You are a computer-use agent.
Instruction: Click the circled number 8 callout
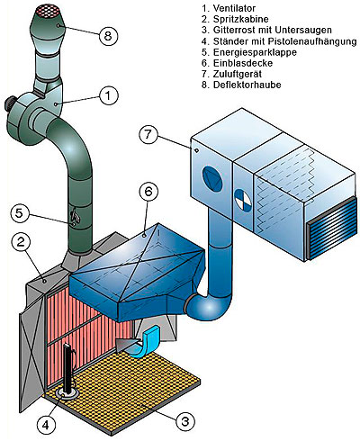coord(108,36)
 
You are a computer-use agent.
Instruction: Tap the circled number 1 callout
coord(109,95)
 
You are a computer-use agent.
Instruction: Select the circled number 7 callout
coord(148,134)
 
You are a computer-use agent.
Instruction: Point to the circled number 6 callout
coord(148,192)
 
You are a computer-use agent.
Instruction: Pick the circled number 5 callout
coord(19,213)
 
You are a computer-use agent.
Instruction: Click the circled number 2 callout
coord(21,242)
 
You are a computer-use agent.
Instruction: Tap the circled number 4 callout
coord(46,425)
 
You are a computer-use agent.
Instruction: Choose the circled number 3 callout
coord(185,421)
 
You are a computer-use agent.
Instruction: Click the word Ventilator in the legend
coord(235,8)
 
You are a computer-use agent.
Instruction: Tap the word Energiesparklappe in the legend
coord(255,52)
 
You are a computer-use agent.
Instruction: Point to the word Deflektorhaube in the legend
coord(247,85)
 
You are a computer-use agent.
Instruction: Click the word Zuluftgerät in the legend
coord(238,74)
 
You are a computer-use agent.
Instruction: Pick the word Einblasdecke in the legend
coord(243,63)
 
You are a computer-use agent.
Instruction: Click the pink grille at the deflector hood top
coord(49,11)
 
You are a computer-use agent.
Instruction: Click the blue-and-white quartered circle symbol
coord(245,201)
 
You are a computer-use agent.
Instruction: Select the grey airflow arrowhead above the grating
coord(126,344)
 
